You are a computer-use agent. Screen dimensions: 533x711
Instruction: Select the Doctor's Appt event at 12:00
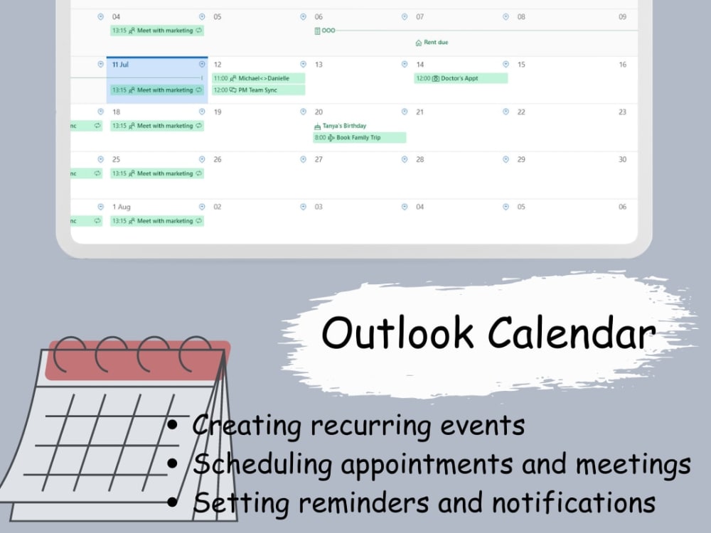tap(460, 78)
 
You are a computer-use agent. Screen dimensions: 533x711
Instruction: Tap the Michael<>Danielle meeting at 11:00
tap(259, 78)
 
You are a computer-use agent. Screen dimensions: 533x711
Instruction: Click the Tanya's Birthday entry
tap(344, 126)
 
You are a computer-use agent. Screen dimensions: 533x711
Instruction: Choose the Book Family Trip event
tap(360, 137)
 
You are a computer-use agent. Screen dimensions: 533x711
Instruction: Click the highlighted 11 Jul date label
tap(120, 65)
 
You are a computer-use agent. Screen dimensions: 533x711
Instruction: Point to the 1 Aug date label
tap(122, 207)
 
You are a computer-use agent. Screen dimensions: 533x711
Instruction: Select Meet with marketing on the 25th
tap(157, 173)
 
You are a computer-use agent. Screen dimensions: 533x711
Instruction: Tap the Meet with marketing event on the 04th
tap(157, 31)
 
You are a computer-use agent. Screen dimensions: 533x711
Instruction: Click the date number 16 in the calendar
tap(622, 65)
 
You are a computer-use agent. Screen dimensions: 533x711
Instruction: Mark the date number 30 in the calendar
tap(622, 159)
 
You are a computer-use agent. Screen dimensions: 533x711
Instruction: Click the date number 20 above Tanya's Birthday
tap(319, 112)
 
